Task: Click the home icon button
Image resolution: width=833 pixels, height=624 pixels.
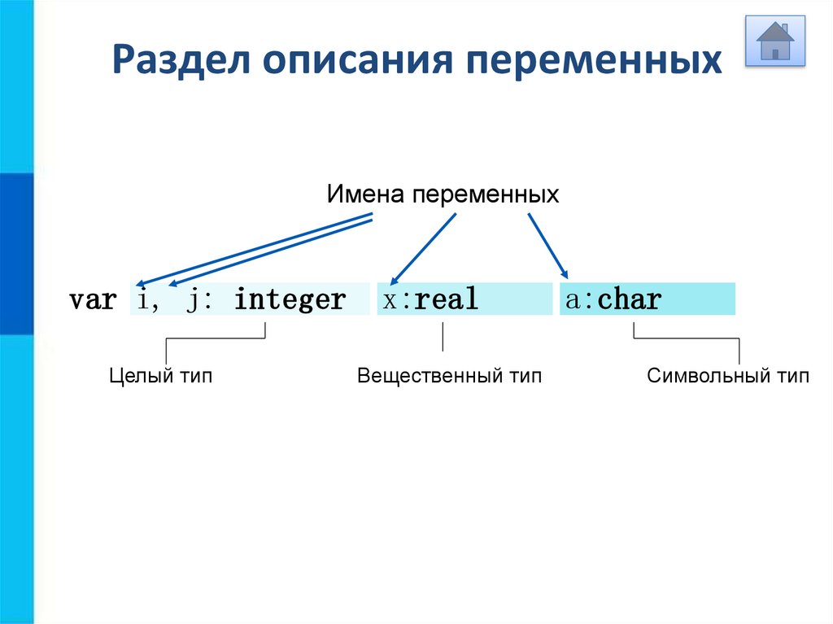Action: [x=775, y=40]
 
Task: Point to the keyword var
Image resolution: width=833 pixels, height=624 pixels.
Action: [x=92, y=300]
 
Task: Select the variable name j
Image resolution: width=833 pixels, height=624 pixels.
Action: [x=193, y=301]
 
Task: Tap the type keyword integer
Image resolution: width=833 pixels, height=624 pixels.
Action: [x=290, y=301]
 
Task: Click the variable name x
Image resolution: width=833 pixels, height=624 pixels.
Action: [x=390, y=300]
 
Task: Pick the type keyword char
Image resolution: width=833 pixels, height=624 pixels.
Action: [x=629, y=300]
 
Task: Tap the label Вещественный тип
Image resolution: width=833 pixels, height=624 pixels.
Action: [x=449, y=377]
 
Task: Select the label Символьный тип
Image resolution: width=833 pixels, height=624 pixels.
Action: [x=728, y=377]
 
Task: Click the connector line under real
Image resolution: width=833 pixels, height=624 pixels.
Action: [x=443, y=337]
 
